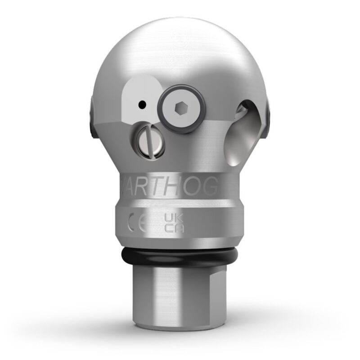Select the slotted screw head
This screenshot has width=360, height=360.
(x=148, y=142)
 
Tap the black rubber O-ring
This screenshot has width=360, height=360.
(x=180, y=260)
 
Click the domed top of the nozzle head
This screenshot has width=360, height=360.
(x=180, y=49)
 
